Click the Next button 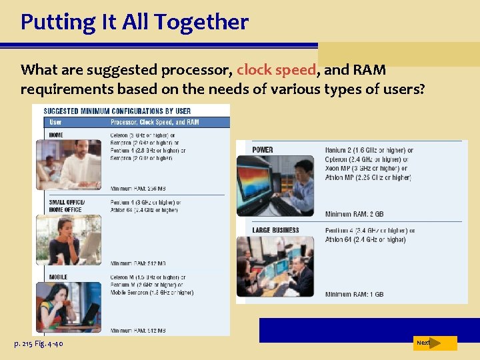click(434, 343)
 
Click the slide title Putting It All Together click(134, 22)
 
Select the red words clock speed click(277, 70)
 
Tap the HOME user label click(56, 135)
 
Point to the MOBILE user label click(59, 277)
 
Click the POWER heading click(263, 150)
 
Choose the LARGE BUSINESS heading click(275, 231)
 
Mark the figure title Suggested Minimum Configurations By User click(117, 111)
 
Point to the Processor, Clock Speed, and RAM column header click(155, 122)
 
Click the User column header click(55, 122)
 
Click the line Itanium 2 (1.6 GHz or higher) click(369, 150)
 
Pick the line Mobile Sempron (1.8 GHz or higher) click(151, 292)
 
